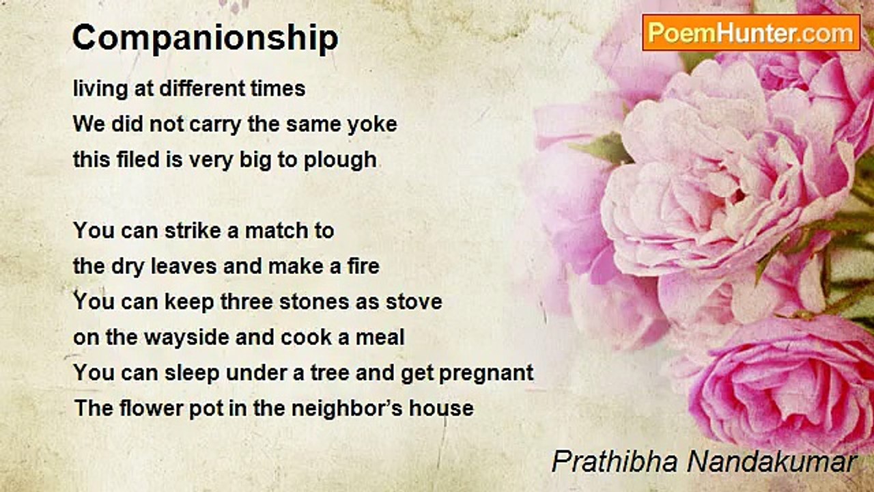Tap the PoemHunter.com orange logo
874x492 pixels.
(x=751, y=33)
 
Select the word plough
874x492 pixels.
(x=340, y=161)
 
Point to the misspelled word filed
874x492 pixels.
(x=139, y=159)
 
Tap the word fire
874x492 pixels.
(x=363, y=266)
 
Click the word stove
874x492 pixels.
(x=414, y=301)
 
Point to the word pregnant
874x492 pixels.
(x=486, y=374)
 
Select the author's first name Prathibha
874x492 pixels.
(x=615, y=462)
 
